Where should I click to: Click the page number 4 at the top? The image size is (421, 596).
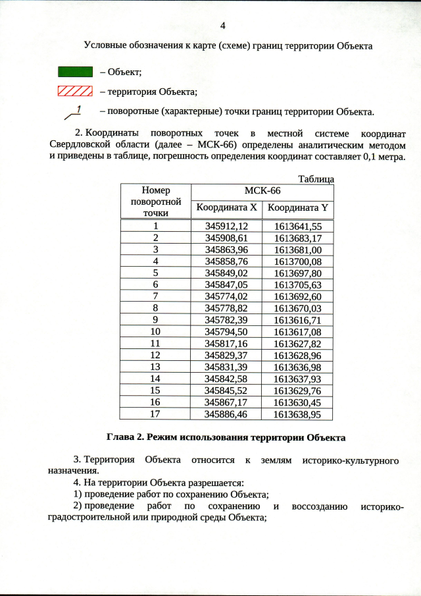click(x=222, y=26)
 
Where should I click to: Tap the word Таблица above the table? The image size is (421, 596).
click(x=316, y=179)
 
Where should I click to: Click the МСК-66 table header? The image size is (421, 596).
click(x=262, y=191)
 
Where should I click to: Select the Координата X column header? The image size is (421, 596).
click(x=225, y=208)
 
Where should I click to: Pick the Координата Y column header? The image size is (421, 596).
click(x=297, y=208)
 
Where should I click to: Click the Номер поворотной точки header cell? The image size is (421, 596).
click(x=155, y=201)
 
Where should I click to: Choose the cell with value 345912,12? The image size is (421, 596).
click(x=226, y=226)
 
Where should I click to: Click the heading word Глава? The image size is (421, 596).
click(x=121, y=437)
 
